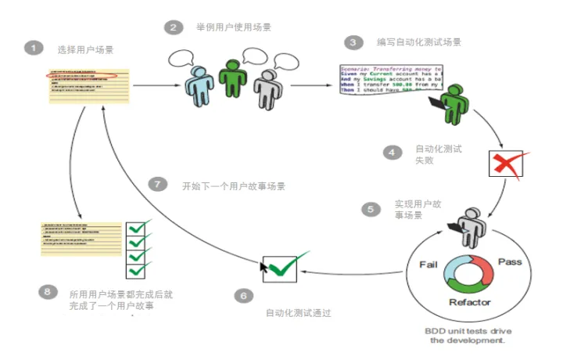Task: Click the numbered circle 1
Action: point(33,48)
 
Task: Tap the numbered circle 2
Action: point(173,27)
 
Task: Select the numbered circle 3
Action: point(356,42)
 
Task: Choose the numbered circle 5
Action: point(371,210)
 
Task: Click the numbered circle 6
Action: point(243,296)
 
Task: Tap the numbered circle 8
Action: point(48,291)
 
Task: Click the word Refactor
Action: point(469,303)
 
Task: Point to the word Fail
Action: point(428,264)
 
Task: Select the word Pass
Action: point(509,261)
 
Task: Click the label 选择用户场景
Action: point(85,49)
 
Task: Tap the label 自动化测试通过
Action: point(299,313)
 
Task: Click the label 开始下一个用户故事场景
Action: point(233,186)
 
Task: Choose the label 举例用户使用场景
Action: point(234,27)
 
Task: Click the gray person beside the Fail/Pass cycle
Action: point(473,226)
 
